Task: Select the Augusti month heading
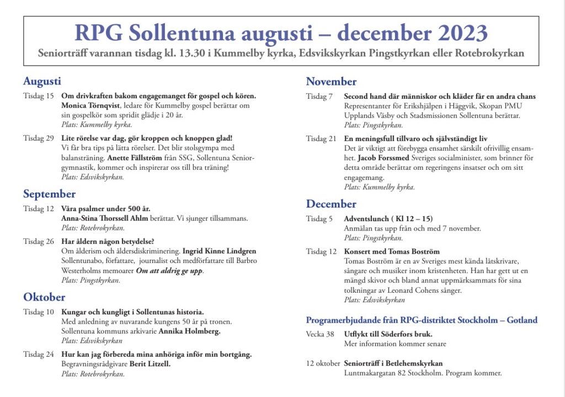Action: [42, 82]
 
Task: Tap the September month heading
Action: [49, 194]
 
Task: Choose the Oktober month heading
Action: [44, 297]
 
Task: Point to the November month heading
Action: [331, 82]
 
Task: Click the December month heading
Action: [331, 204]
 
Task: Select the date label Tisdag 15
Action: [39, 96]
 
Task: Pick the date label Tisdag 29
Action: [39, 138]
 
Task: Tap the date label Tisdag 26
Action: [39, 241]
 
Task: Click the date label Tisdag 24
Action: [39, 355]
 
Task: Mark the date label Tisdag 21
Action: [322, 138]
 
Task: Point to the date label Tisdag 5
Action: [319, 219]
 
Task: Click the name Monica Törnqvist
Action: [90, 105]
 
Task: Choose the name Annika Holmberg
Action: [189, 331]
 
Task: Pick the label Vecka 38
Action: [320, 334]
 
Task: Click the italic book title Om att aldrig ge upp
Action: [170, 271]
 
